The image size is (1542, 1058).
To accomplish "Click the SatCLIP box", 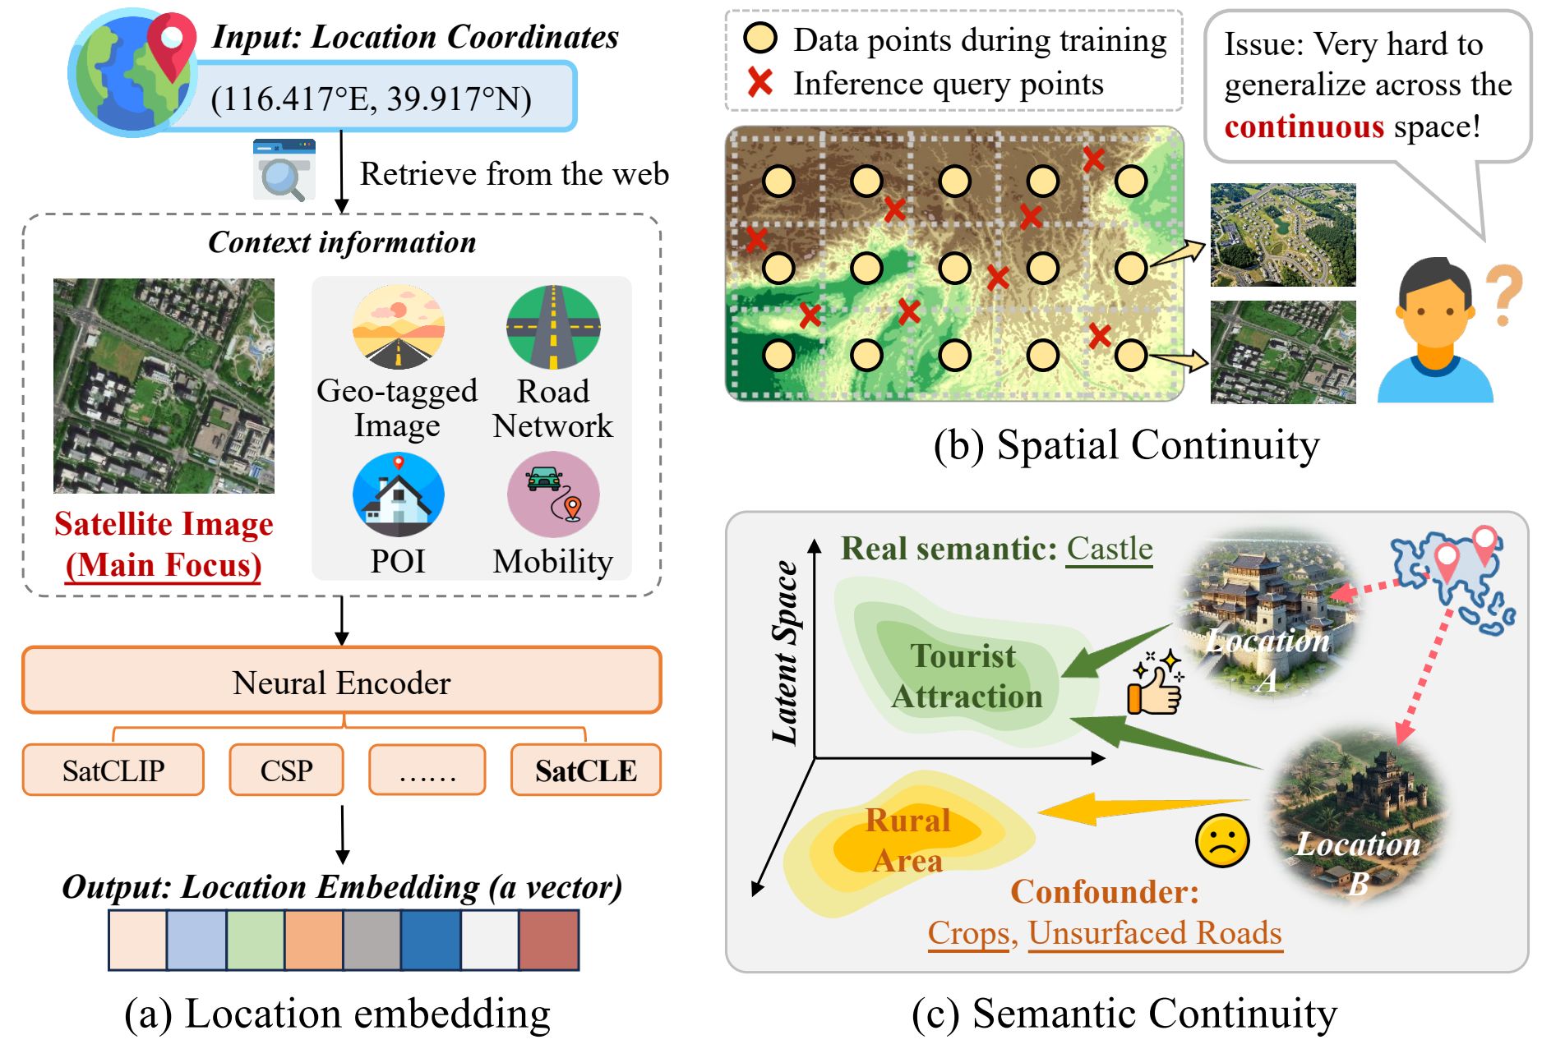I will [x=113, y=770].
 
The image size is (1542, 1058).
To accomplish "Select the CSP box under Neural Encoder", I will [x=286, y=770].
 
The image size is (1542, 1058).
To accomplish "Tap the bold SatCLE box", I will [x=585, y=770].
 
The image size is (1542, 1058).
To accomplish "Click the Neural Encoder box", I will [x=341, y=681].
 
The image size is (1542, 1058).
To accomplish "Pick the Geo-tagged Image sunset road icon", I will [x=399, y=327].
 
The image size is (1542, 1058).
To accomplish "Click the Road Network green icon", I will [x=553, y=327].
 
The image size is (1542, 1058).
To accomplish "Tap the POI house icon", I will [x=399, y=494].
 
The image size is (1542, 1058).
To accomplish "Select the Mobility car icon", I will [x=553, y=494].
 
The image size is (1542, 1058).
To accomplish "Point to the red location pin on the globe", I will [x=172, y=43].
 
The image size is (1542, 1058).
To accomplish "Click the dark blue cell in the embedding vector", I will [x=431, y=940].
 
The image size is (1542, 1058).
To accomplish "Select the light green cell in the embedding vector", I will [x=256, y=940].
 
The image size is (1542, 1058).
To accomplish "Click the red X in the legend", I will [x=760, y=83].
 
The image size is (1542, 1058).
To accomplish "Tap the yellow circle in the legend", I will [x=760, y=39].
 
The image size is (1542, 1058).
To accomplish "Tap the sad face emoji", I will [x=1222, y=840].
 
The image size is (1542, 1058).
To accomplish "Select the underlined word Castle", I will [x=1110, y=549].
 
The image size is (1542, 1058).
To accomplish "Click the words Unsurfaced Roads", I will [x=1155, y=933].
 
